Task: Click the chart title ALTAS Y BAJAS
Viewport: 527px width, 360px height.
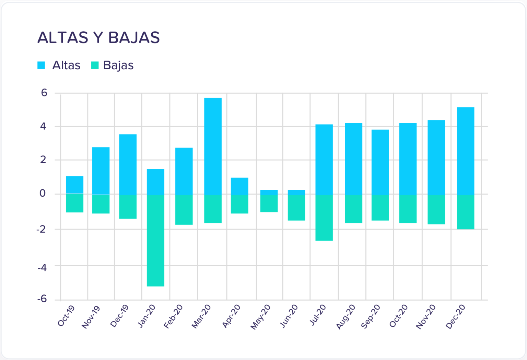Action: coord(98,37)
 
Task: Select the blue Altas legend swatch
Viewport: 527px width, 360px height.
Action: coord(41,65)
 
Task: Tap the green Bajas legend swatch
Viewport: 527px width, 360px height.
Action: coord(95,65)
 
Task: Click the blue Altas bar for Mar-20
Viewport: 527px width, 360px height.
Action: coord(213,146)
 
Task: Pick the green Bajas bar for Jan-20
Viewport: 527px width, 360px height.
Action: coord(155,240)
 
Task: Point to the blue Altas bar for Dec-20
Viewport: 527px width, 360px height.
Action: coord(466,151)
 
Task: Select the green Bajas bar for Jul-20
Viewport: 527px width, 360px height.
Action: coord(324,218)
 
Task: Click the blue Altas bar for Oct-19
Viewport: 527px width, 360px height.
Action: coord(74,185)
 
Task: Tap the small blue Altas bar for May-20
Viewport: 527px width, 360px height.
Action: coord(269,192)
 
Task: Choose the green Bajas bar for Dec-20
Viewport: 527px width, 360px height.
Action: coord(466,212)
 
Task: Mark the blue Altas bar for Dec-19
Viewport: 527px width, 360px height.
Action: coord(128,164)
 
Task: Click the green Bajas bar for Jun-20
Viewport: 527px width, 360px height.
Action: coord(296,207)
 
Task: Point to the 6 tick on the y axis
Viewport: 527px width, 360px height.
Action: coord(44,93)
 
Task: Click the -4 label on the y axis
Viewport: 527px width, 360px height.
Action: coord(42,267)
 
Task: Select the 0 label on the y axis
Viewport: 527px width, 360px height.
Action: coord(43,194)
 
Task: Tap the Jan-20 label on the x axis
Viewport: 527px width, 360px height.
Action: coord(147,316)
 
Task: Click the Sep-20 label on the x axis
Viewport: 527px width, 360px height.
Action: coord(371,316)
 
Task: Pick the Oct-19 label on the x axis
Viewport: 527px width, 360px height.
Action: coord(66,316)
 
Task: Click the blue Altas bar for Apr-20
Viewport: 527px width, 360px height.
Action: coord(239,186)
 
